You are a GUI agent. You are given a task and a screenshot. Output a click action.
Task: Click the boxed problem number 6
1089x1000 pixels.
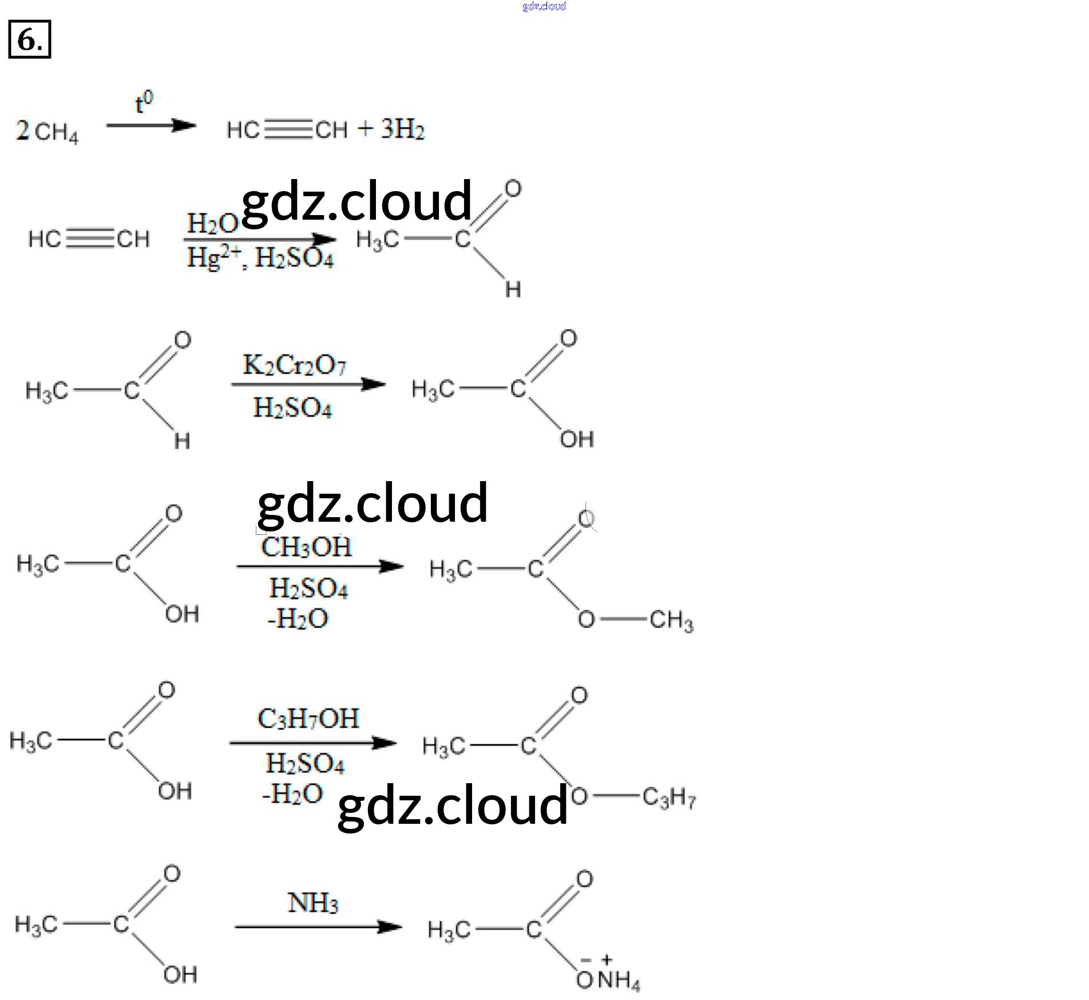pyautogui.click(x=29, y=39)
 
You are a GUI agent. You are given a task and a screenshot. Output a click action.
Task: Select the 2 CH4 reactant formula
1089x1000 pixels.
pyautogui.click(x=47, y=132)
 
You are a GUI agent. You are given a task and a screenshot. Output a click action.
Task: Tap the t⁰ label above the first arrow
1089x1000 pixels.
pyautogui.click(x=144, y=103)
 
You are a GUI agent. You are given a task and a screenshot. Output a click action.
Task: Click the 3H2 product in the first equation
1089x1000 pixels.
pyautogui.click(x=403, y=130)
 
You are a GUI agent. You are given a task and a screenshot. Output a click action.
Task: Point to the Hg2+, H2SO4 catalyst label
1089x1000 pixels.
pyautogui.click(x=260, y=259)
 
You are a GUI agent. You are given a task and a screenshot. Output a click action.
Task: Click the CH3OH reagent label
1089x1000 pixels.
pyautogui.click(x=306, y=547)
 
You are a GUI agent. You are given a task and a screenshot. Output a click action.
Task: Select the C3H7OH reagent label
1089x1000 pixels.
pyautogui.click(x=308, y=719)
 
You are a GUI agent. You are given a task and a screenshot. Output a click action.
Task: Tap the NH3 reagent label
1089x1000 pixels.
pyautogui.click(x=312, y=903)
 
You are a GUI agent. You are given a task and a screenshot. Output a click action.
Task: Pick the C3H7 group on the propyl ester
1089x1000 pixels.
pyautogui.click(x=668, y=797)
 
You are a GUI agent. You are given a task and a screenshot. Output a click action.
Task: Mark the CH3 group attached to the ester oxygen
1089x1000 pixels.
pyautogui.click(x=671, y=621)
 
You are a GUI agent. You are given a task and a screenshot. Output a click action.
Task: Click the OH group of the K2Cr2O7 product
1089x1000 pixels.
pyautogui.click(x=577, y=439)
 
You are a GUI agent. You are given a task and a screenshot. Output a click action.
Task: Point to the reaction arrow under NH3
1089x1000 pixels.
pyautogui.click(x=318, y=927)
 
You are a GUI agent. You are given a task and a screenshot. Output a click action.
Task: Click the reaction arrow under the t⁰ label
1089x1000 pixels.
pyautogui.click(x=151, y=126)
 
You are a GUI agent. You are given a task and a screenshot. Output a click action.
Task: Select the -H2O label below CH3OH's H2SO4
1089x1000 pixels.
pyautogui.click(x=298, y=618)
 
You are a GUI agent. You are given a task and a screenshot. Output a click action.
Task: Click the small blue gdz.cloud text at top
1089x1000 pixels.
pyautogui.click(x=544, y=6)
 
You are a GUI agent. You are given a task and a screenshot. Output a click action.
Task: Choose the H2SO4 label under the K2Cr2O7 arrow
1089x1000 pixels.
pyautogui.click(x=292, y=408)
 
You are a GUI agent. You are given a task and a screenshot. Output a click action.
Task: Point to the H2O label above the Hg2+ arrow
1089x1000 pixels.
pyautogui.click(x=212, y=223)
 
